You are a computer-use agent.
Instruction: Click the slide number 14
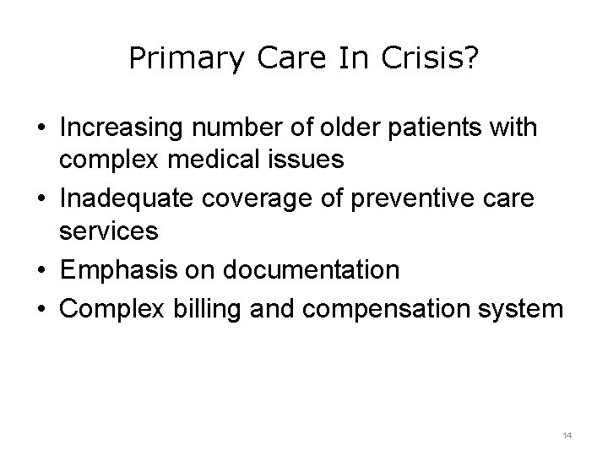[567, 435]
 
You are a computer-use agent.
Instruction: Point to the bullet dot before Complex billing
[41, 309]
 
